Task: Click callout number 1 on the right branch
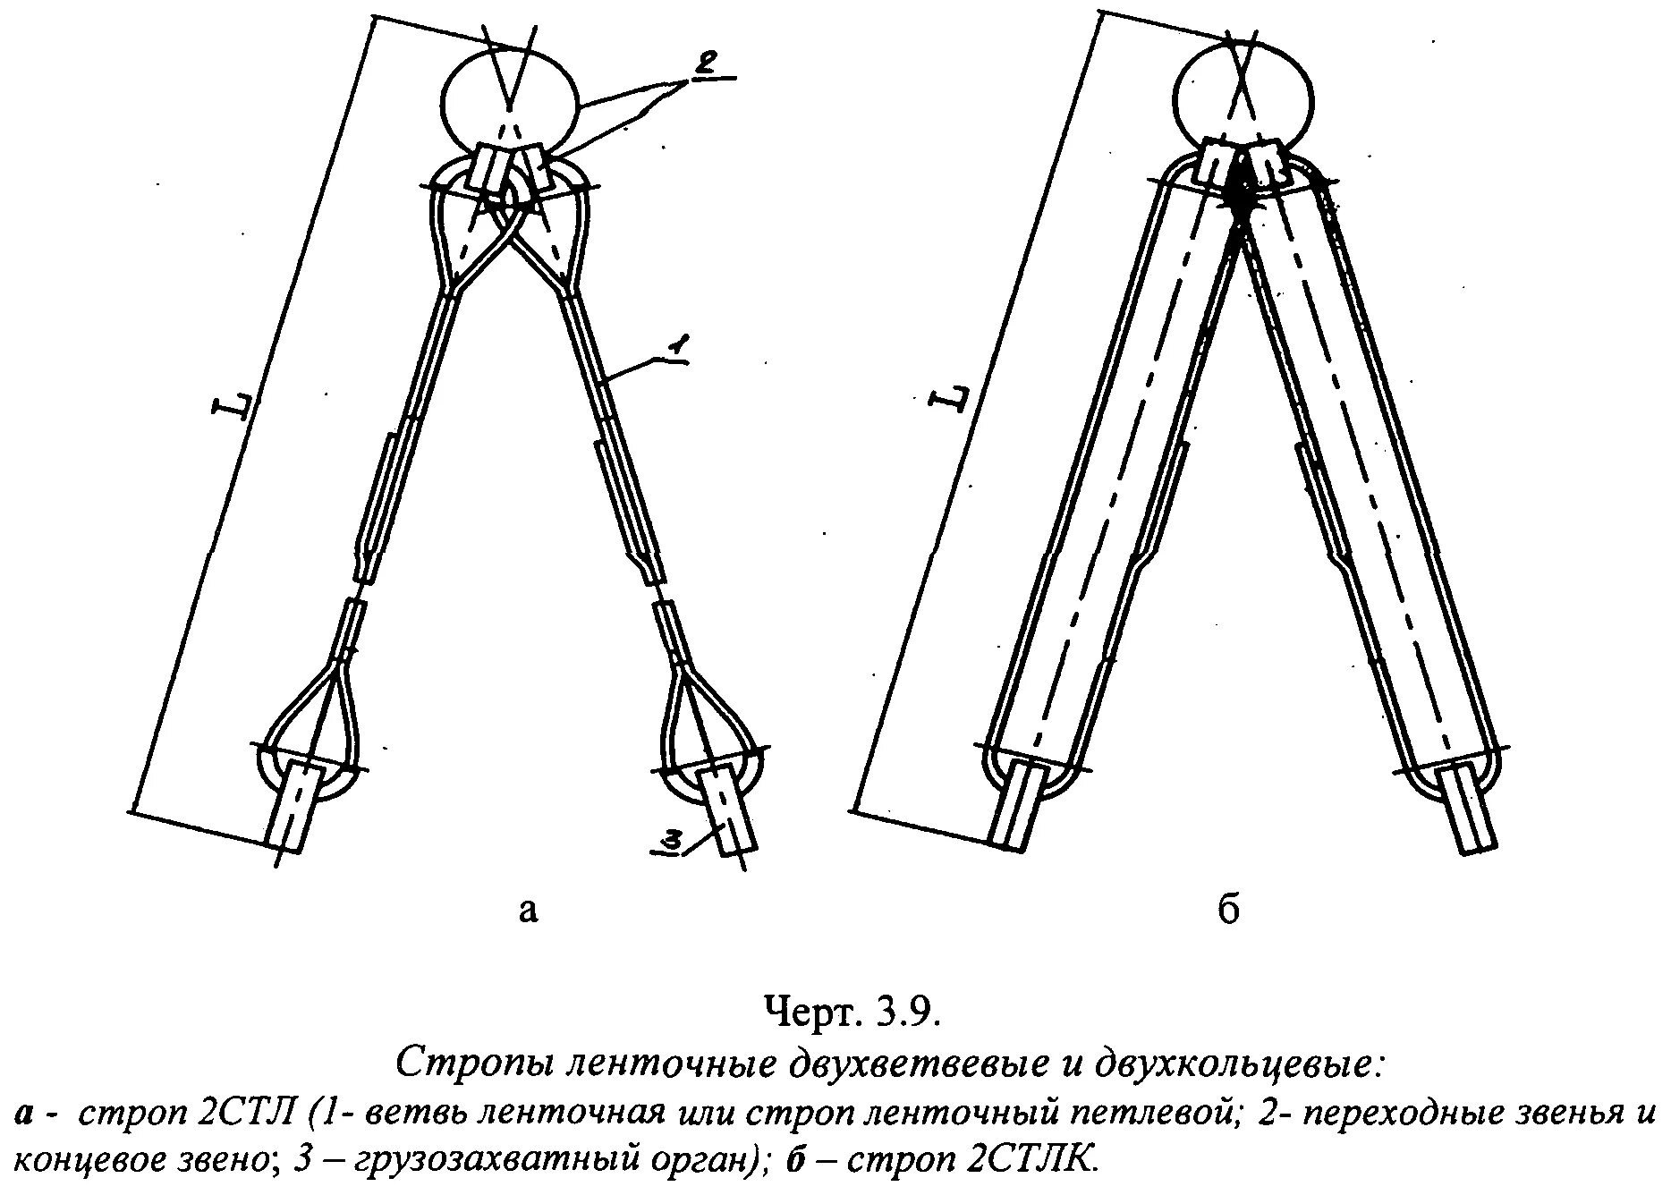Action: click(x=677, y=344)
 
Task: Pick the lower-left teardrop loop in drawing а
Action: click(x=310, y=716)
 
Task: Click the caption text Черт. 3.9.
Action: click(x=851, y=1013)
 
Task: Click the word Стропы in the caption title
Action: click(x=466, y=1064)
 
